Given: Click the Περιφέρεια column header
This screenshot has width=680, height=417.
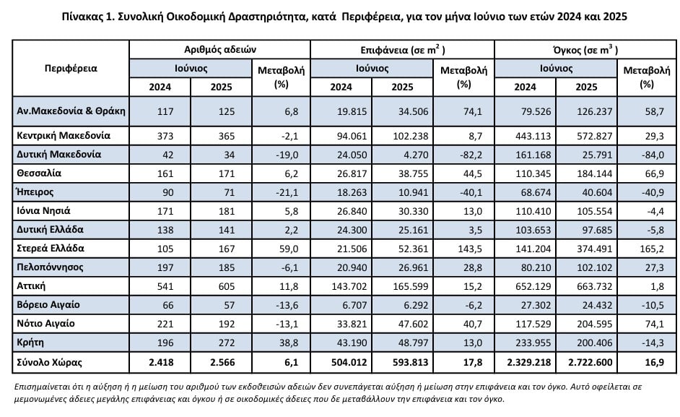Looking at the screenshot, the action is pyautogui.click(x=71, y=68).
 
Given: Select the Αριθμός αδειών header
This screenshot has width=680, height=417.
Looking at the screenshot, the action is pyautogui.click(x=220, y=50).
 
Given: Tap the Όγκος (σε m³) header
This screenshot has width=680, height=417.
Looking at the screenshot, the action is pyautogui.click(x=585, y=50).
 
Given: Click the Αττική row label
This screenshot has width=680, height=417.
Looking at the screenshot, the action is pyautogui.click(x=31, y=285).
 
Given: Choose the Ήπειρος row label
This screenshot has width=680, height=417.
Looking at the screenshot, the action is pyautogui.click(x=35, y=192).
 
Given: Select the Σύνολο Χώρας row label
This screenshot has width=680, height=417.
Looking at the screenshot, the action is pyautogui.click(x=49, y=362).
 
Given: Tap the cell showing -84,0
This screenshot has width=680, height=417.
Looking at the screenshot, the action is pyautogui.click(x=652, y=155).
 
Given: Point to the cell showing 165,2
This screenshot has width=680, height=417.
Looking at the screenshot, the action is pyautogui.click(x=652, y=249).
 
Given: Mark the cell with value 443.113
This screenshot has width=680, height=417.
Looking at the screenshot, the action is pyautogui.click(x=533, y=136).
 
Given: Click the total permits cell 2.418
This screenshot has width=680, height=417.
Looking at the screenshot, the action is pyautogui.click(x=161, y=362).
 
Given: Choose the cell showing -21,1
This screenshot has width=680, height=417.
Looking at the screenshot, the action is pyautogui.click(x=287, y=192).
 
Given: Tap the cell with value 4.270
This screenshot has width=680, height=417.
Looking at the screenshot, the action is pyautogui.click(x=416, y=155).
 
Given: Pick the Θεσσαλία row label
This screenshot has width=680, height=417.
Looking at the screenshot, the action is pyautogui.click(x=39, y=173).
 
